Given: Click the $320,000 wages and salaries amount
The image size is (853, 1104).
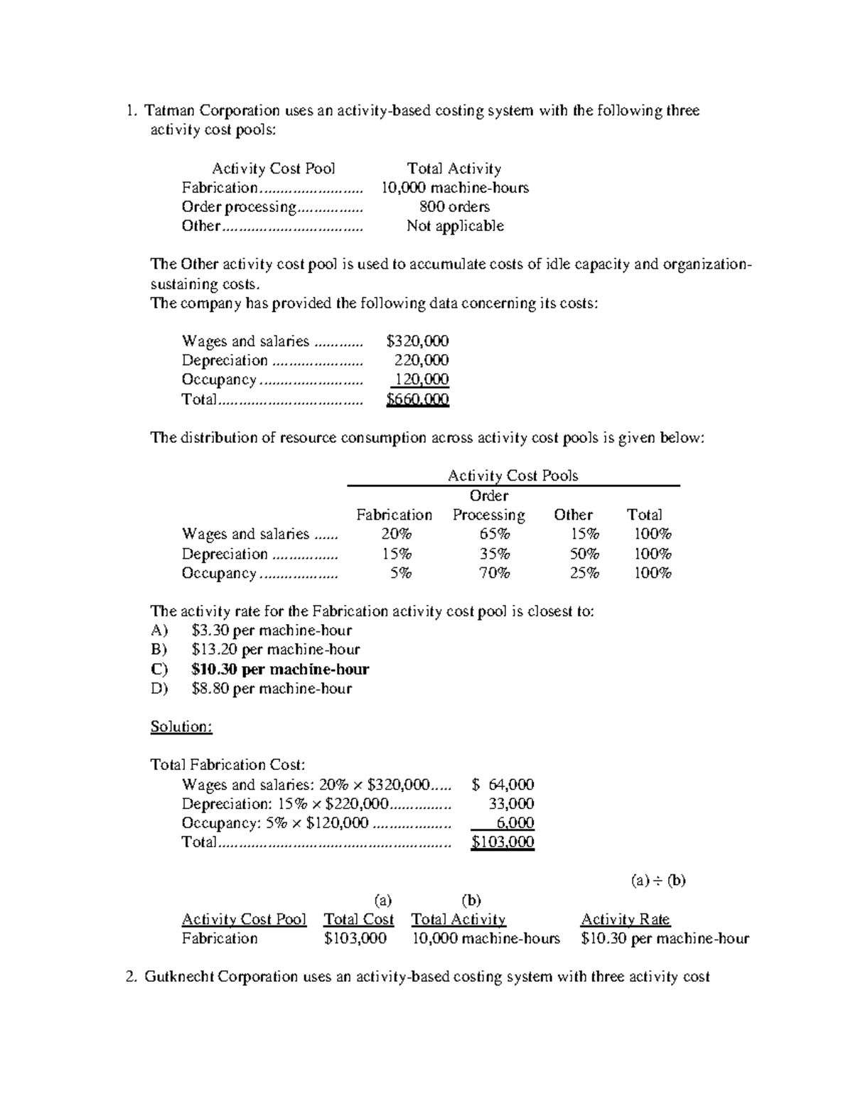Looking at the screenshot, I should [417, 341].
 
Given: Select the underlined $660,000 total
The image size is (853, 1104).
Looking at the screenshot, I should [417, 400].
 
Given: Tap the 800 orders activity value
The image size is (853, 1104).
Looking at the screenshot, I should [454, 207].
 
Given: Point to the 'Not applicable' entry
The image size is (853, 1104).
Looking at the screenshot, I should [455, 226].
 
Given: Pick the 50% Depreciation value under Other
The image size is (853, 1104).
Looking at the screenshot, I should [584, 554].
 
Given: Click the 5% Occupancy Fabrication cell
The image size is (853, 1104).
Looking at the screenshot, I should [400, 573].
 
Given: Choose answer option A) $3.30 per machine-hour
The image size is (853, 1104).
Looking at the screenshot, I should [271, 631].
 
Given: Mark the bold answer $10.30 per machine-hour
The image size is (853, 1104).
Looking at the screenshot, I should [279, 669].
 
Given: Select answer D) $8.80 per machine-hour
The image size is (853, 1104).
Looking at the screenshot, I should [271, 688].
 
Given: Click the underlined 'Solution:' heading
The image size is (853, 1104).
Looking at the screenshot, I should [181, 727].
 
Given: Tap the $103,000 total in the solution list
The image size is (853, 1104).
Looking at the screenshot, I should [503, 842].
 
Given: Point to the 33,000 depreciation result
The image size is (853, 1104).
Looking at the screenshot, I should [511, 804].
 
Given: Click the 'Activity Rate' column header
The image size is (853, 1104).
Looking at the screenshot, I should [625, 919].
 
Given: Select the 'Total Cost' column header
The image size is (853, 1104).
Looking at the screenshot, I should [358, 919].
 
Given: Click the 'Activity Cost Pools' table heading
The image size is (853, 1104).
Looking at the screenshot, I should [513, 476].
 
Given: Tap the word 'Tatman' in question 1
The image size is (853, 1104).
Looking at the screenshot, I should [169, 111].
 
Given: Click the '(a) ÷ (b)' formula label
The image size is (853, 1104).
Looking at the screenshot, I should [658, 881].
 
